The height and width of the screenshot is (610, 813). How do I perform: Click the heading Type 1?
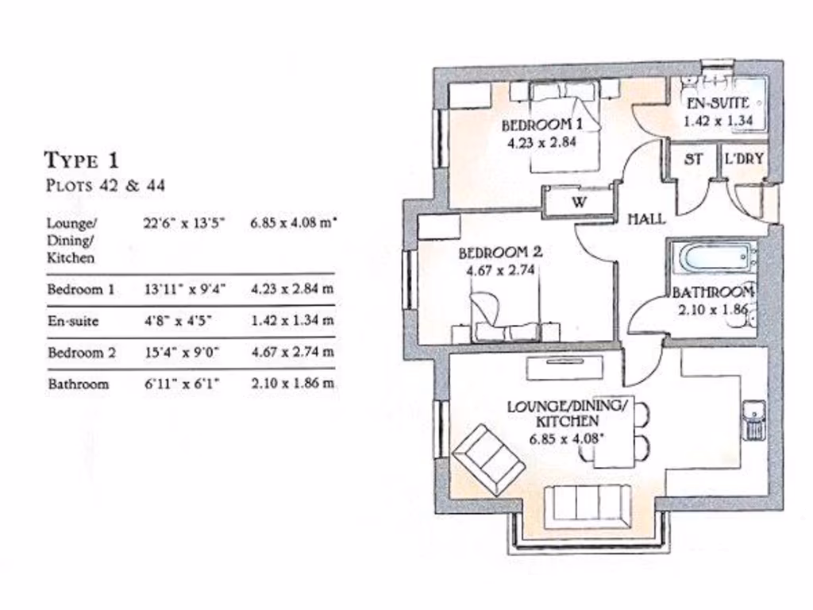[x=81, y=160]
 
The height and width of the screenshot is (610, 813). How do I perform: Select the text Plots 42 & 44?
[x=105, y=187]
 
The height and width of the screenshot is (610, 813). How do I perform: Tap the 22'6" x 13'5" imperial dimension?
[x=184, y=224]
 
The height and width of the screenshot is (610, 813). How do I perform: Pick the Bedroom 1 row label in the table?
[x=80, y=289]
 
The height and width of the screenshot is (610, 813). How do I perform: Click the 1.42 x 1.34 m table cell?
[x=292, y=321]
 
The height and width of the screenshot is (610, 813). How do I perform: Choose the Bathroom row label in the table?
[x=78, y=384]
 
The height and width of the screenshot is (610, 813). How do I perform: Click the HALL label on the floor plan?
[x=646, y=219]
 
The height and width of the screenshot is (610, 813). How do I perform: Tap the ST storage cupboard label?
[x=693, y=159]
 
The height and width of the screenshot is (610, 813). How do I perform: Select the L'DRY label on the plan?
[x=744, y=159]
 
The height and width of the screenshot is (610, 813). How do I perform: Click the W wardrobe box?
[x=579, y=202]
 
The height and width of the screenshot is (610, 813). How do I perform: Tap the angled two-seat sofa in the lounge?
[x=487, y=459]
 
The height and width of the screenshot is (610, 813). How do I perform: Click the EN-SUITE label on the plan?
[x=718, y=103]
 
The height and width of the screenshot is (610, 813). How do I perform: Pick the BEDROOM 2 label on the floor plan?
[x=501, y=253]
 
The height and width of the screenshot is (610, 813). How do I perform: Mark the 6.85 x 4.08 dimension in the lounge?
[x=567, y=438]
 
